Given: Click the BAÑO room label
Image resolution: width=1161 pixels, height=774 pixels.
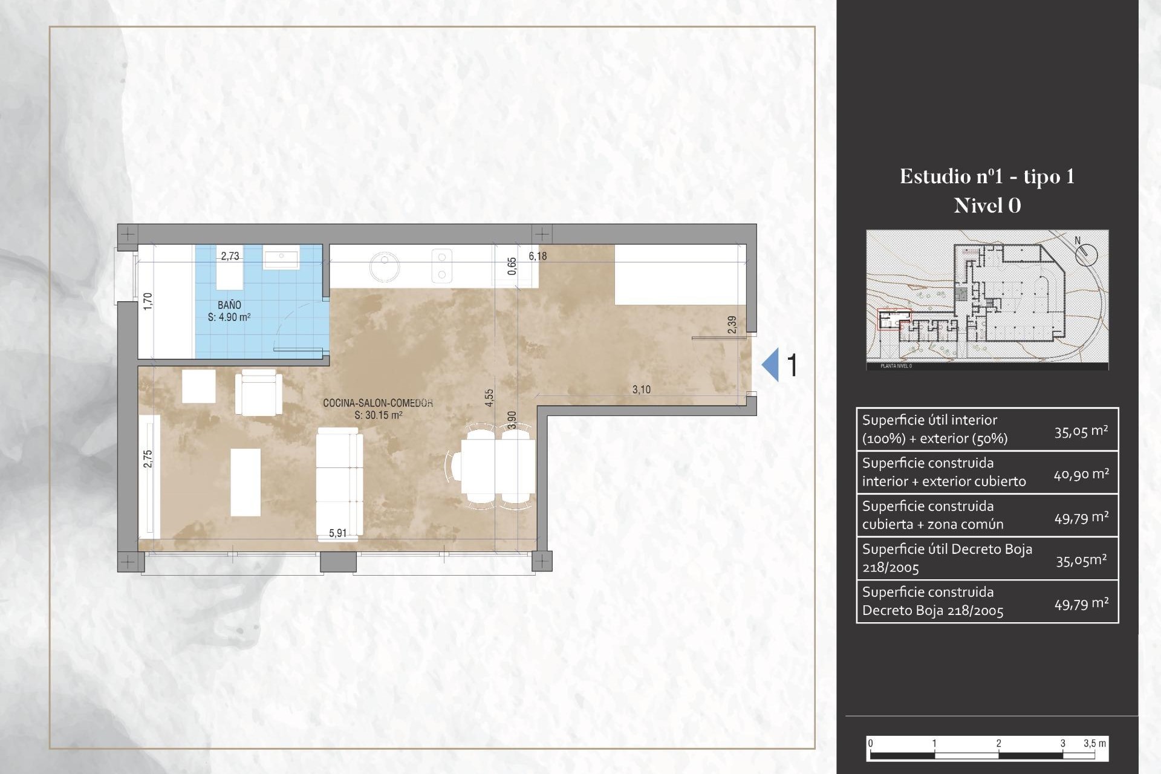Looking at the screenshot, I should click(x=229, y=305).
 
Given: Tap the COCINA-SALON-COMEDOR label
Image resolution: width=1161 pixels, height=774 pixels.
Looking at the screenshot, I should click(x=378, y=403).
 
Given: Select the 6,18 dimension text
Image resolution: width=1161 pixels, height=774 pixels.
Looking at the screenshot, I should click(x=538, y=256).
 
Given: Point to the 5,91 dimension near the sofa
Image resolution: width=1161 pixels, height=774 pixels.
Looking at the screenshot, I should click(x=337, y=533).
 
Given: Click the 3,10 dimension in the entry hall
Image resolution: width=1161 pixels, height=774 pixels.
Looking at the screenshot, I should click(x=642, y=390).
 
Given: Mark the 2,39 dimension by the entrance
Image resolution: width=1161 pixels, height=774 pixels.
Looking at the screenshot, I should click(x=732, y=325).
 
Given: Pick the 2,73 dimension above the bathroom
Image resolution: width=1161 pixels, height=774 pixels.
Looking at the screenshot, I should click(x=230, y=256).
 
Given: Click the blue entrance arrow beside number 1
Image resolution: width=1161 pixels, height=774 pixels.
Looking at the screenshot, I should click(x=771, y=365).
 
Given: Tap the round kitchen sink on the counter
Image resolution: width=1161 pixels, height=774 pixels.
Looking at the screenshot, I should click(x=385, y=267).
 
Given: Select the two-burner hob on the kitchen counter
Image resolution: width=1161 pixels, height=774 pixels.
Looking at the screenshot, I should click(x=442, y=266).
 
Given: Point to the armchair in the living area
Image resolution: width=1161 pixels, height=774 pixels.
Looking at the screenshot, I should click(x=259, y=393).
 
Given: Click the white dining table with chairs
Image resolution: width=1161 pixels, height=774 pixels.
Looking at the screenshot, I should click(x=497, y=466).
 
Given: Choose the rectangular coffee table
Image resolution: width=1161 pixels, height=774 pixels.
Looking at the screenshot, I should click(x=246, y=482).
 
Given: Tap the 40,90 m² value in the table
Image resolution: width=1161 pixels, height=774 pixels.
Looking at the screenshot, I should click(x=1081, y=475).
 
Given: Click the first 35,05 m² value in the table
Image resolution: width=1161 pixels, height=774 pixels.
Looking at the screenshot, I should click(x=1081, y=431).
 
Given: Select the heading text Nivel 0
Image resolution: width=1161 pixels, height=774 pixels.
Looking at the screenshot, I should click(x=987, y=206).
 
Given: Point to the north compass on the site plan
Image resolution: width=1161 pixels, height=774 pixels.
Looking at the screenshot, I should click(x=1086, y=253).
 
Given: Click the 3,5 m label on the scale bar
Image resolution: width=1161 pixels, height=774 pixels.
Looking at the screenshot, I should click(x=1094, y=744).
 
